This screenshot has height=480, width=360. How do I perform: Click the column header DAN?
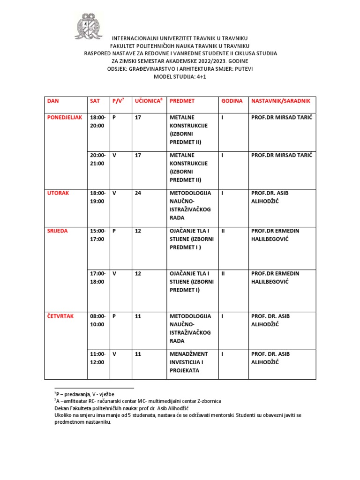pyautogui.click(x=53, y=101)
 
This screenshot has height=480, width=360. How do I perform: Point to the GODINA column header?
pyautogui.click(x=232, y=101)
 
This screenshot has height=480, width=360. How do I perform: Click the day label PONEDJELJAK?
pyautogui.click(x=65, y=117)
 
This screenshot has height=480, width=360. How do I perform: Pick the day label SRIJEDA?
pyautogui.click(x=57, y=231)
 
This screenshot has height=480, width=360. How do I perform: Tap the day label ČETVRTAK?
pyautogui.click(x=60, y=316)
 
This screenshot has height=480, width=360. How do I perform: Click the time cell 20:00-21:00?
pyautogui.click(x=97, y=159)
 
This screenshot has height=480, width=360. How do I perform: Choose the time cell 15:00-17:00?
pyautogui.click(x=97, y=235)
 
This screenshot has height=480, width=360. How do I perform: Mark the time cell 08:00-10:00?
pyautogui.click(x=97, y=320)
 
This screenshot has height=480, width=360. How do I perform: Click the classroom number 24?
pyautogui.click(x=138, y=193)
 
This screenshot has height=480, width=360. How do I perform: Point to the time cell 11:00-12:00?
pyautogui.click(x=97, y=358)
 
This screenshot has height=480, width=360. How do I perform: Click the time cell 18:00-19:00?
pyautogui.click(x=97, y=197)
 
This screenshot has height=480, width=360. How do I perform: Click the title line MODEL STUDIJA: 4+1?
pyautogui.click(x=180, y=76)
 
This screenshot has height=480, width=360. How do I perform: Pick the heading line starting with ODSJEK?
pyautogui.click(x=180, y=69)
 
